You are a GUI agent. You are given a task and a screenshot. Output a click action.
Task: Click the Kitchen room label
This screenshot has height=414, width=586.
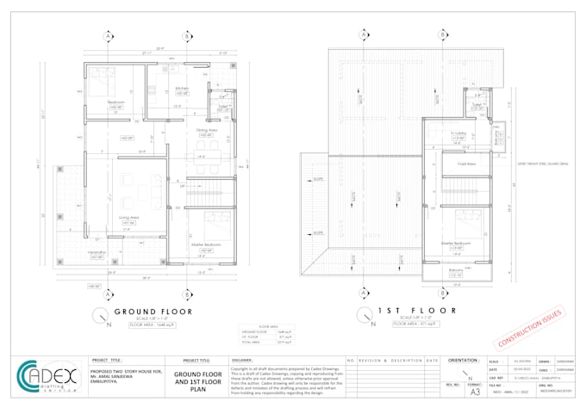pyautogui.click(x=182, y=89)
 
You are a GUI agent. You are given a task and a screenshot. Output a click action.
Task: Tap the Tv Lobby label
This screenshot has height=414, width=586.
pyautogui.click(x=458, y=133)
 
